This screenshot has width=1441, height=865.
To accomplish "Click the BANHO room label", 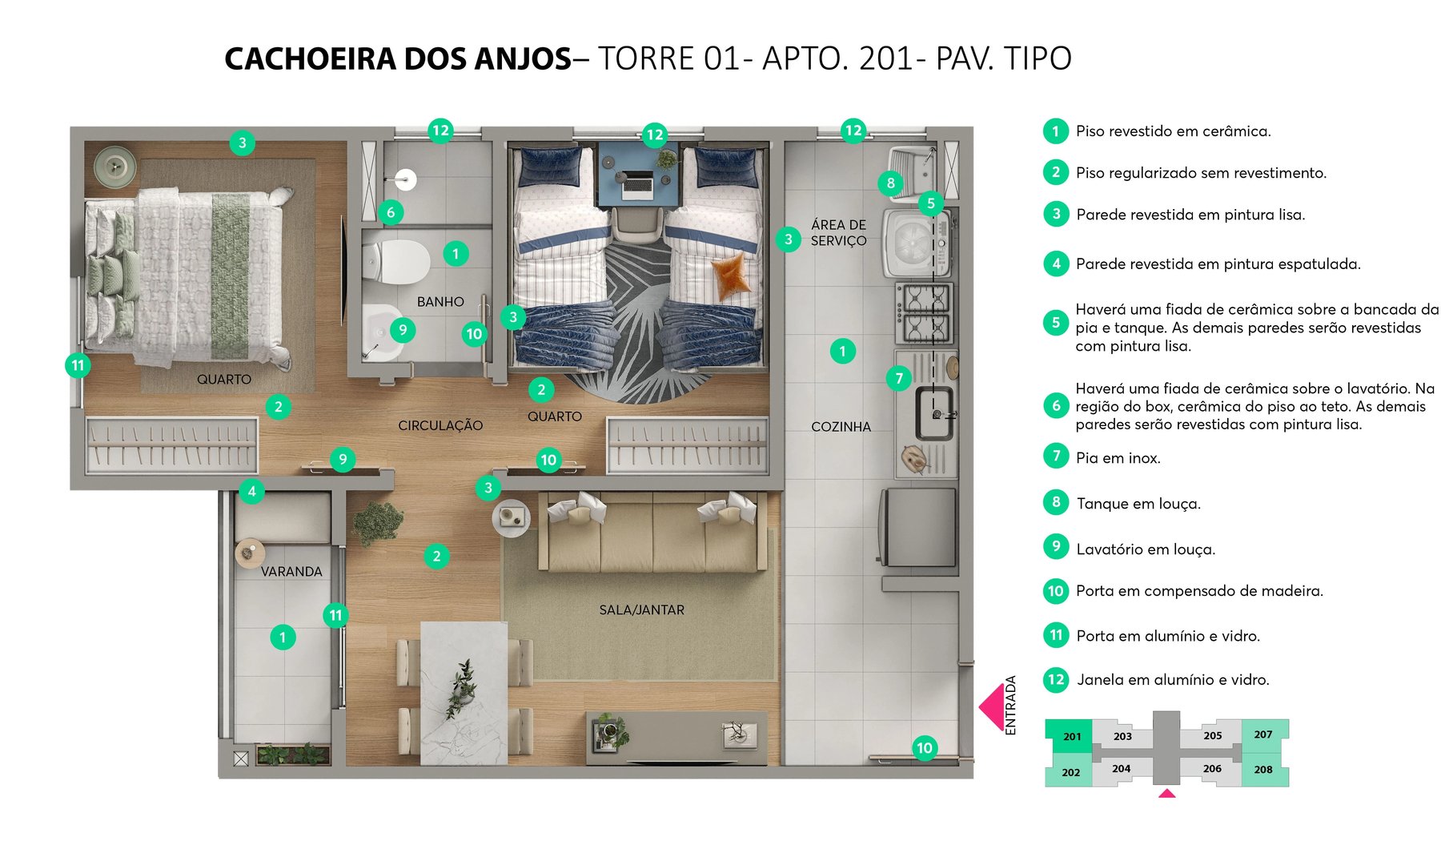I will point(440,302).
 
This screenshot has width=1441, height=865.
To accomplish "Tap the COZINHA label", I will point(841,427).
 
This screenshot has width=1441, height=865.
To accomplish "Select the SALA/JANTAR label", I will point(641,610).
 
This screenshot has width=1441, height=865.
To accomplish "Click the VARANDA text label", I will point(291,572).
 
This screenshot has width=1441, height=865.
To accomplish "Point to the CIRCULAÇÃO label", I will point(440,426).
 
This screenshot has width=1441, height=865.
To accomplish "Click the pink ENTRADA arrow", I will point(992,706).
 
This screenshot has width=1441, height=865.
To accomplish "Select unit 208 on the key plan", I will point(1263,770).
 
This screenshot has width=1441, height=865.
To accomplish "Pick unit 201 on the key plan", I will point(1071,737).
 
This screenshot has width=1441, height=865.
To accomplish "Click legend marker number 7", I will point(1056,457).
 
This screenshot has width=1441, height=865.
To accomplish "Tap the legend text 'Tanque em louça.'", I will point(1138,504).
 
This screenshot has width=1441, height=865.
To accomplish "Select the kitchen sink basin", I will point(934,413).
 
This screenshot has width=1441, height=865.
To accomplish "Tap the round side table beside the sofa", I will point(511,518).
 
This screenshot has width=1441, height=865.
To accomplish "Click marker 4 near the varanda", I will point(251,491).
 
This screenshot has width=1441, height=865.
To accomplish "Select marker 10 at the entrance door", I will point(925,748).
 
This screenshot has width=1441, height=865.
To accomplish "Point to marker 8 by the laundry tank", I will point(891,183).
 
